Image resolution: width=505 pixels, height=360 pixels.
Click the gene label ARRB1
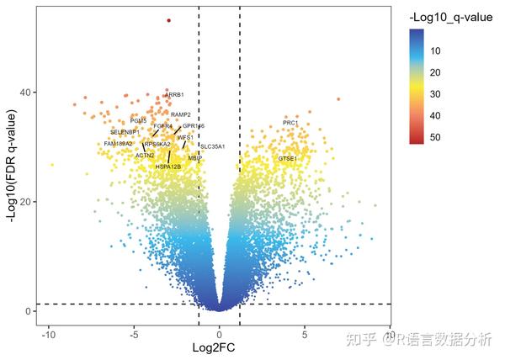pos(175,95)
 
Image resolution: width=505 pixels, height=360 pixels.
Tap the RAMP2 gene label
pos(181,114)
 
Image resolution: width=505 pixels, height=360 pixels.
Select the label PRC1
pos(290,124)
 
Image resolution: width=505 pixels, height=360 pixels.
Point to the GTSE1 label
pos(288,158)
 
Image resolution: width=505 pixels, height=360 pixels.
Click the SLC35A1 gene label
pos(212,146)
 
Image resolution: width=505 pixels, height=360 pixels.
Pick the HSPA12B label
pos(168,167)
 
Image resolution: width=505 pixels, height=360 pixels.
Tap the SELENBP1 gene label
pos(125,132)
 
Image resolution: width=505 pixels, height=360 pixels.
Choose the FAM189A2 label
pos(119,144)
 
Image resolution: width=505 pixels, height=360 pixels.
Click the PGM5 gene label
pos(139,121)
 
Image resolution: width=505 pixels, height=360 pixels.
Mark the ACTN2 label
pos(146,156)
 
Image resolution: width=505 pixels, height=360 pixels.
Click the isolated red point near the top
pos(168,20)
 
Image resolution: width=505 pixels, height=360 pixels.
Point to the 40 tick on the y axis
pos(27,93)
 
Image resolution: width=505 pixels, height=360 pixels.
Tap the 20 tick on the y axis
pos(27,202)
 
